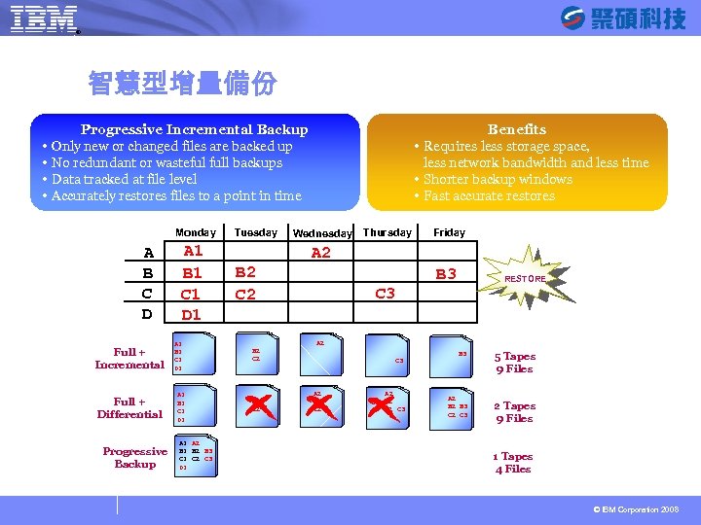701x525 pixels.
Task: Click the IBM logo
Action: point(45,19)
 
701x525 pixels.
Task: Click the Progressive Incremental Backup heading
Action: point(194,129)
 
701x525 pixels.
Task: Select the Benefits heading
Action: point(516,129)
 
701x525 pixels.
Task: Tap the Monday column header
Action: point(195,232)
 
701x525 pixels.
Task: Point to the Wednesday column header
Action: point(322,233)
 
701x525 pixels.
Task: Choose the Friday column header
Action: point(449,232)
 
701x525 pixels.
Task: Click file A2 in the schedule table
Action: point(320,253)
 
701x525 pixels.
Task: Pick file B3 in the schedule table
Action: point(446,274)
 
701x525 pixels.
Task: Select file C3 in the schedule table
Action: point(385,294)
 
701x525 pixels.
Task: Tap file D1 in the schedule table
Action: point(192,314)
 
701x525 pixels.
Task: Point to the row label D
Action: point(147,314)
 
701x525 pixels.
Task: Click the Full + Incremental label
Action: point(129,358)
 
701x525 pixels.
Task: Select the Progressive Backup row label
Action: point(134,457)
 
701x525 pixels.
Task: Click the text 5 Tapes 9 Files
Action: point(514,363)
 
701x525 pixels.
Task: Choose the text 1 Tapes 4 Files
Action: point(513,463)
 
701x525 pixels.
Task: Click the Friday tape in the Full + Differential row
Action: point(458,407)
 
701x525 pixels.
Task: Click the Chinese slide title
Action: point(182,84)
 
